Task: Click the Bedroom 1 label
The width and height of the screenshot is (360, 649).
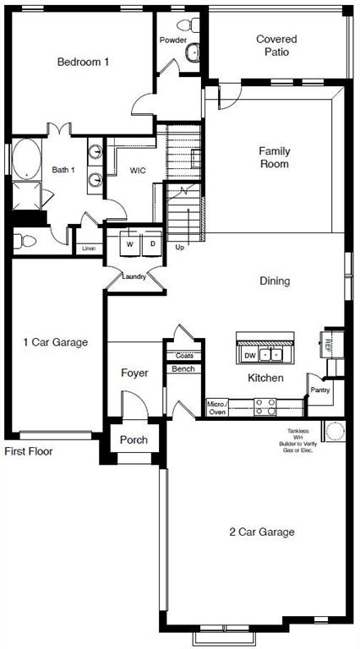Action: (x=83, y=62)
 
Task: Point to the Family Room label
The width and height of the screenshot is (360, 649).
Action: (x=274, y=157)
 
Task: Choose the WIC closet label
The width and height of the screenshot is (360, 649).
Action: (x=138, y=170)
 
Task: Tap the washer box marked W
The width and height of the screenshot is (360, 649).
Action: (x=130, y=244)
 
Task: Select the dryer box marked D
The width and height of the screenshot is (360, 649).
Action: (x=152, y=244)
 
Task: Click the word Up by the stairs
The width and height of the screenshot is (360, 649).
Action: (x=179, y=248)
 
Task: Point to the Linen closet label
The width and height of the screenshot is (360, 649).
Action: (x=89, y=248)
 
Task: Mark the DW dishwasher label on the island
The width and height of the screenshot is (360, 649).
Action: (x=249, y=355)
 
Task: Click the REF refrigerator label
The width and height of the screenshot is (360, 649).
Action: (x=329, y=344)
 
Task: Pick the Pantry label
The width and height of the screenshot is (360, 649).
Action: (x=319, y=390)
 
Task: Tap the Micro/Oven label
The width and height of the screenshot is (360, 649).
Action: (x=216, y=408)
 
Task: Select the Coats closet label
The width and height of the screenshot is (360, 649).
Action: (x=184, y=356)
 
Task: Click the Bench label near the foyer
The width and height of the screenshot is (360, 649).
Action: (x=183, y=368)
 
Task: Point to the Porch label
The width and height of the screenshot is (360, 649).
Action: (x=134, y=439)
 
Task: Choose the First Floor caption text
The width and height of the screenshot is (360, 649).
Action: (x=29, y=452)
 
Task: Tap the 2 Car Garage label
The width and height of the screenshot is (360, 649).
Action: (x=262, y=532)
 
